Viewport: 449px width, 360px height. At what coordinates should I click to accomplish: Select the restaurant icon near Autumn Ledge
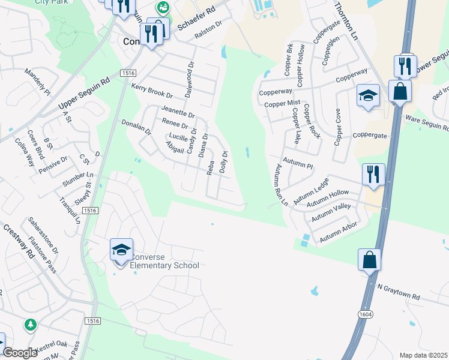point(373,175)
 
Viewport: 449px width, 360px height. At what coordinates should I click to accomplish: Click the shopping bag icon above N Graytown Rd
point(369,260)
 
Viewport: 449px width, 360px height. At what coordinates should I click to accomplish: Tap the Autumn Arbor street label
point(339,233)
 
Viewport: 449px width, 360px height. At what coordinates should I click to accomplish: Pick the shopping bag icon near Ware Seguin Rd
point(399,91)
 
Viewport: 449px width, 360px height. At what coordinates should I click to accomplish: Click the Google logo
point(20,353)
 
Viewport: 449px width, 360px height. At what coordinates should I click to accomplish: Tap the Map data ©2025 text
point(423,355)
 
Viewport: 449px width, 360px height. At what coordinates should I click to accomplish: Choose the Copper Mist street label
point(282,103)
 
